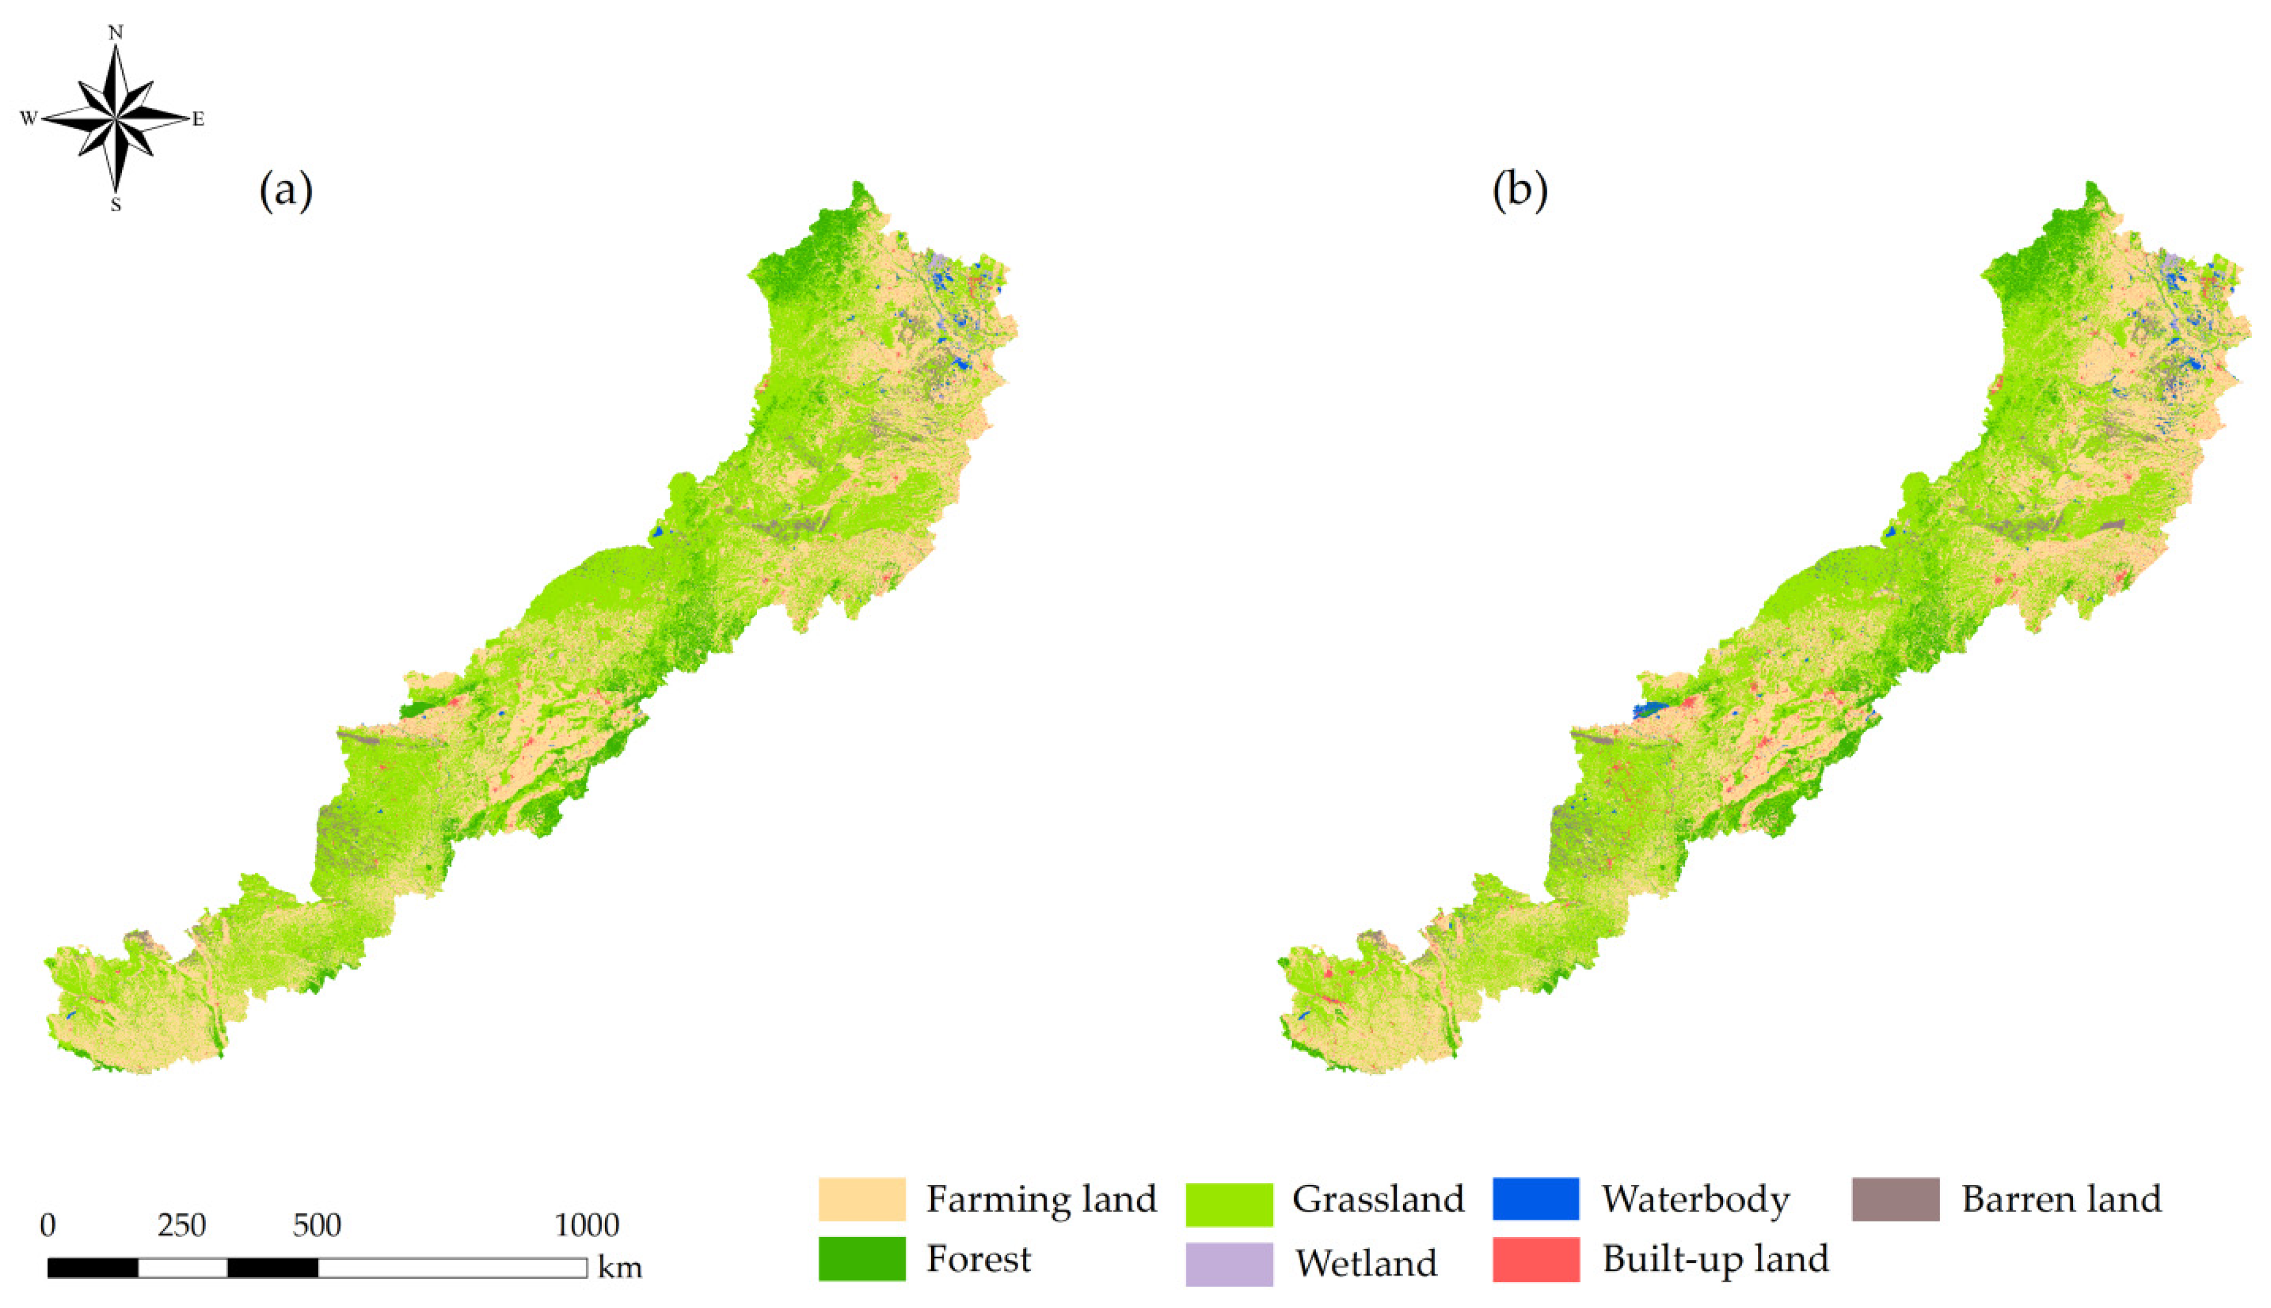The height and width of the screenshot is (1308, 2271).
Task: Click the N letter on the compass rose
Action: point(115,33)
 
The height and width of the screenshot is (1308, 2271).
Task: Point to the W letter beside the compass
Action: point(28,118)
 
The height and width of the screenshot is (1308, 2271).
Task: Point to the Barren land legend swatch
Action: point(1895,1199)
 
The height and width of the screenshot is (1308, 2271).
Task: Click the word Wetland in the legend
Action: point(1365,1263)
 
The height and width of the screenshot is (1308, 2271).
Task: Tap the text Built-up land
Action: point(1715,1259)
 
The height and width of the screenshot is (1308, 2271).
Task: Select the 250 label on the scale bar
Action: point(182,1226)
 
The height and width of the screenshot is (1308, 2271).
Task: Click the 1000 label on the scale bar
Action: point(586,1226)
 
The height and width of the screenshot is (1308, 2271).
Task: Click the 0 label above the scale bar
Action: point(48,1226)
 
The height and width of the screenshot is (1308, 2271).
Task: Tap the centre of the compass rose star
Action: point(115,118)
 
